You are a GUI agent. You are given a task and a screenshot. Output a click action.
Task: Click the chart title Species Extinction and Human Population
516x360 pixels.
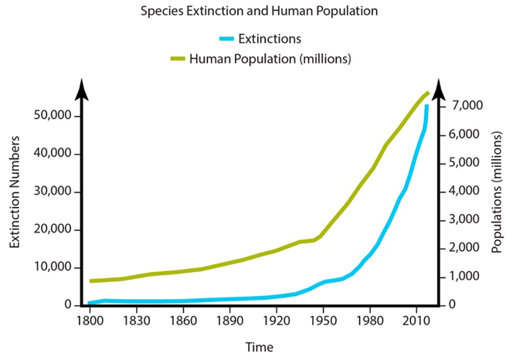(257, 12)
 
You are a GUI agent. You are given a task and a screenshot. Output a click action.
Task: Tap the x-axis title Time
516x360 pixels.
(259, 348)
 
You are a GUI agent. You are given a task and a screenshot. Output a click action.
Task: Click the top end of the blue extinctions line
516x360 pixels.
(427, 106)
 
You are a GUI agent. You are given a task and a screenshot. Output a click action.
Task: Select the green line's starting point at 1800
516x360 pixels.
(91, 281)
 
